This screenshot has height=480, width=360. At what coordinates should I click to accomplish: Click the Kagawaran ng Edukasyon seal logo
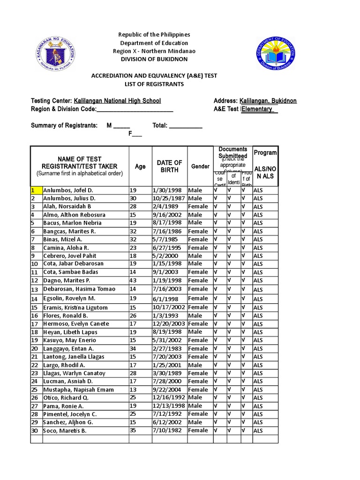(55, 52)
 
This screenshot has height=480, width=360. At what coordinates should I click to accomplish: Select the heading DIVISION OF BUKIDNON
(154, 59)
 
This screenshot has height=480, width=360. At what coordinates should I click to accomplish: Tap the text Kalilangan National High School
(117, 101)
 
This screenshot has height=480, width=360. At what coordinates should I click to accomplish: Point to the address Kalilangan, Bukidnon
(268, 101)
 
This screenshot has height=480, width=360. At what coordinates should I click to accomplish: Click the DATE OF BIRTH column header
(170, 166)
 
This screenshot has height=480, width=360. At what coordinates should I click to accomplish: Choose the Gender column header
(200, 166)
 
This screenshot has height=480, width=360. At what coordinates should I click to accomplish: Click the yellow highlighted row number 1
(34, 190)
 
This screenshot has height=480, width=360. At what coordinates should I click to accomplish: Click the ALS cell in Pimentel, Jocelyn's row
(258, 414)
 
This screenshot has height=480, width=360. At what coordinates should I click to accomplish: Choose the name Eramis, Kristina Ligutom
(75, 307)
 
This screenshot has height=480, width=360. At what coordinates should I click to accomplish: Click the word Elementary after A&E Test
(257, 109)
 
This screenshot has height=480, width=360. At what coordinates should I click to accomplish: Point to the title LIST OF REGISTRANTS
(154, 84)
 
